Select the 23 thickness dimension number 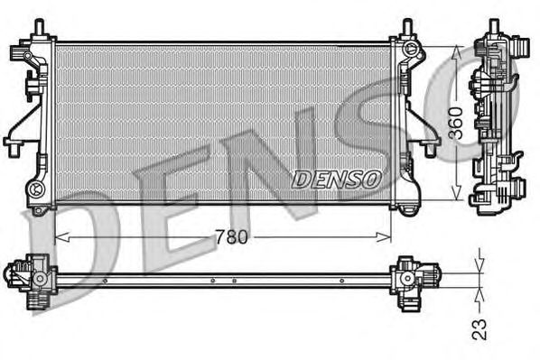tap(479, 327)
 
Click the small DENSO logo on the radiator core tap(335, 179)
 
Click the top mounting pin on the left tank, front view tap(39, 28)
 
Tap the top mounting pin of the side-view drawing tap(494, 27)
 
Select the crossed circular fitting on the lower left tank tap(36, 189)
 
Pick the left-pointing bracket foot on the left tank tap(12, 141)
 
